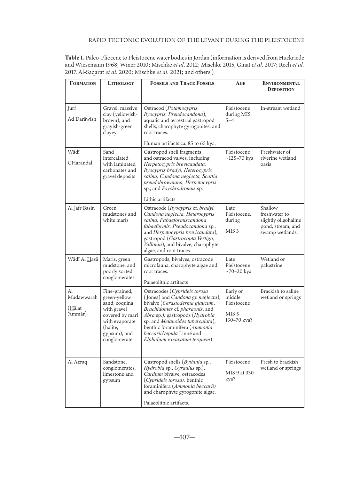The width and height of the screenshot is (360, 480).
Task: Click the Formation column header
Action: (x=82, y=84)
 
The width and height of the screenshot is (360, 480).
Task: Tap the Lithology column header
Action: (x=121, y=84)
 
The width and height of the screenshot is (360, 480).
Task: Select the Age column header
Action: (x=240, y=84)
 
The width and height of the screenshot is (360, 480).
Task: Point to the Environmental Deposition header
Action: (x=281, y=86)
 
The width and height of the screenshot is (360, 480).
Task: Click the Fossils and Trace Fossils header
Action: (x=182, y=84)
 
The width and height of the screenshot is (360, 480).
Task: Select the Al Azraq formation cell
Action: (x=77, y=362)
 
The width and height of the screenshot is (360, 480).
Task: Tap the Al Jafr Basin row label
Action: (x=81, y=208)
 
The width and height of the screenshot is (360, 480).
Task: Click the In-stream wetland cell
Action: (x=280, y=108)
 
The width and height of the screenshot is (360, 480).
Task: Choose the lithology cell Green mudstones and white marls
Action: (x=120, y=214)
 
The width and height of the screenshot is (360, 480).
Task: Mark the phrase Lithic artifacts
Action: (x=160, y=199)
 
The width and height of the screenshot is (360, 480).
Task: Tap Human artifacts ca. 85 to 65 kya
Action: (x=180, y=143)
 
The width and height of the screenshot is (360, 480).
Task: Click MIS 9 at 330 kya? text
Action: (x=239, y=376)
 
